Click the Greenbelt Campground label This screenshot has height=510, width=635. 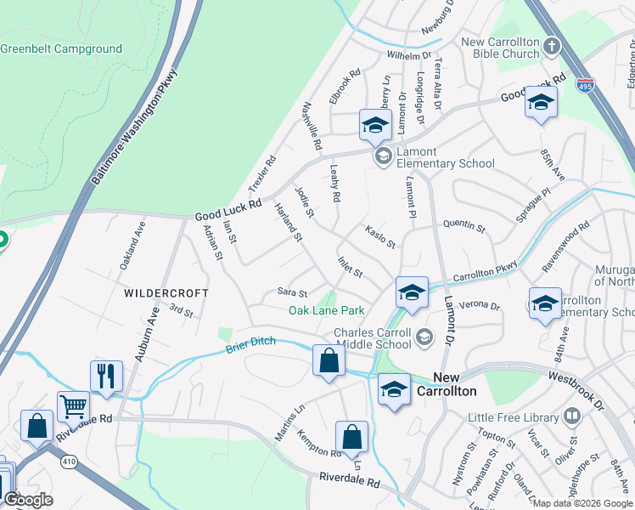61,49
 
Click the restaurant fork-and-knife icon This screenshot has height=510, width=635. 106,376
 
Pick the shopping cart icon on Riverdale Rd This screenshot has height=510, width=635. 74,407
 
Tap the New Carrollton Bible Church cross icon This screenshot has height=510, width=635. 552,45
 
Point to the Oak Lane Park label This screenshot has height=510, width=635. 327,311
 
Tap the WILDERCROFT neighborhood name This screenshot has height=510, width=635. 166,292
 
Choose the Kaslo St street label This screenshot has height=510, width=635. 379,237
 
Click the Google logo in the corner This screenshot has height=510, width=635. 28,500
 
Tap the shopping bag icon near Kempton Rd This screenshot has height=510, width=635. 351,438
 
